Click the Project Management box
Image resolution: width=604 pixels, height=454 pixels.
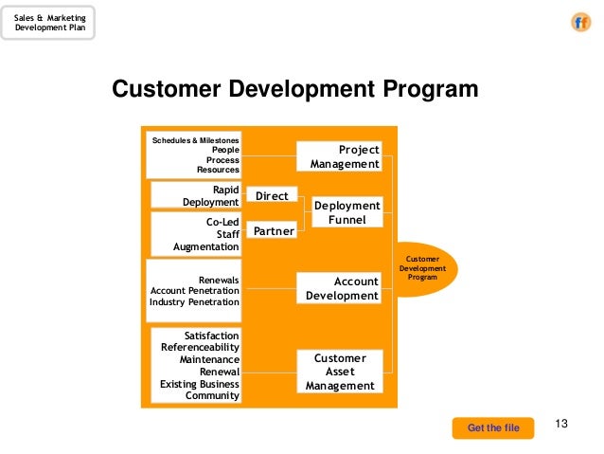pos(340,156)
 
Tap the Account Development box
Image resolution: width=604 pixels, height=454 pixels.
pos(340,288)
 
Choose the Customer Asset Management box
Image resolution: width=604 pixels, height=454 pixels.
pos(340,372)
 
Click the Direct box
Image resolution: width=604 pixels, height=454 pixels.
pos(272,196)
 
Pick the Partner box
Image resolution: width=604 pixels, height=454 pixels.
pos(272,231)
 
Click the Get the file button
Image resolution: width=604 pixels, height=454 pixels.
pos(493,428)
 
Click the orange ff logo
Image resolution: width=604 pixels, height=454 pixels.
pos(580,24)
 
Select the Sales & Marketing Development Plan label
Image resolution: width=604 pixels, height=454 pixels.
pos(49,23)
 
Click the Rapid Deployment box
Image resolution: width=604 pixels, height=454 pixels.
pos(196,195)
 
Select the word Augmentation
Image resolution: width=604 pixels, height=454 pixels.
pos(205,246)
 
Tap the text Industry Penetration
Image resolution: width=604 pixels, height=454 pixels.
pos(194,302)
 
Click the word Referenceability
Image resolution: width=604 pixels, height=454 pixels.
pos(200,348)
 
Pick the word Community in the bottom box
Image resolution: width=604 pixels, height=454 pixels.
pos(212,395)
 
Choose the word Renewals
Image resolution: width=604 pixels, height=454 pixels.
pos(219,281)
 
